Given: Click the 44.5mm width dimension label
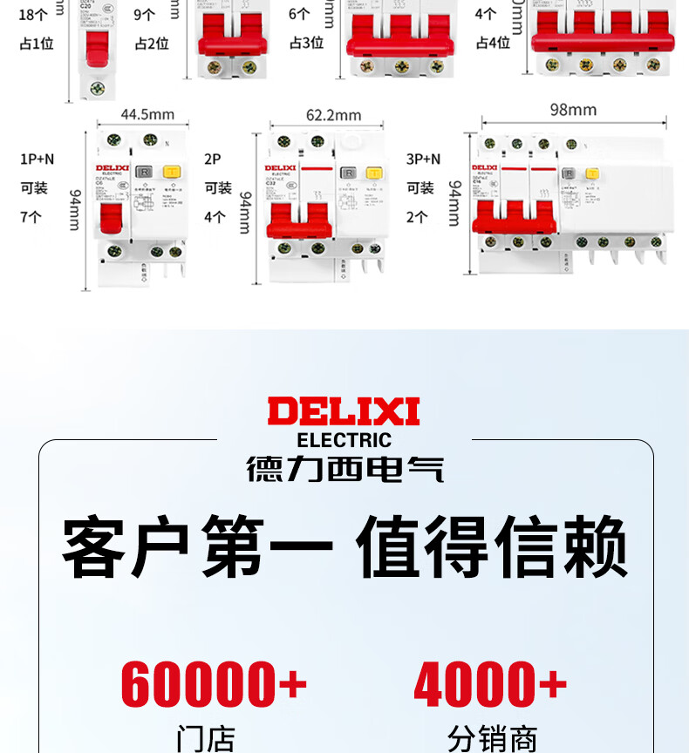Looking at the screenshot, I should [147, 114].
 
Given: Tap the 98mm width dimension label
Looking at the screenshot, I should [573, 110].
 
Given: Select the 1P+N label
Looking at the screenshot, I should [37, 159].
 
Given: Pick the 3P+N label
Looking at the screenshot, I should [423, 159].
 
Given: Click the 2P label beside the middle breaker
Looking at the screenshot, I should [213, 159].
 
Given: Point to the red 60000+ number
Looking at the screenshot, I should [214, 685].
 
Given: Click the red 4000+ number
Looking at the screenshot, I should [490, 685].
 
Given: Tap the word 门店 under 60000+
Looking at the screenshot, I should [206, 739].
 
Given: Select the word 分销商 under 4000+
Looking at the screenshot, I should [492, 739].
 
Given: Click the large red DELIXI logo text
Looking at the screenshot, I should [344, 411].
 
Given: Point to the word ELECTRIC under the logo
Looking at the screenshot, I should [344, 440].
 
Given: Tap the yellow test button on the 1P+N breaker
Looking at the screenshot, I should [172, 173].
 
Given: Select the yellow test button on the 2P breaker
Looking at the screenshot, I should [375, 173].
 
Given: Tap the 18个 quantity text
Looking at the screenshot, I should [32, 15].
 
